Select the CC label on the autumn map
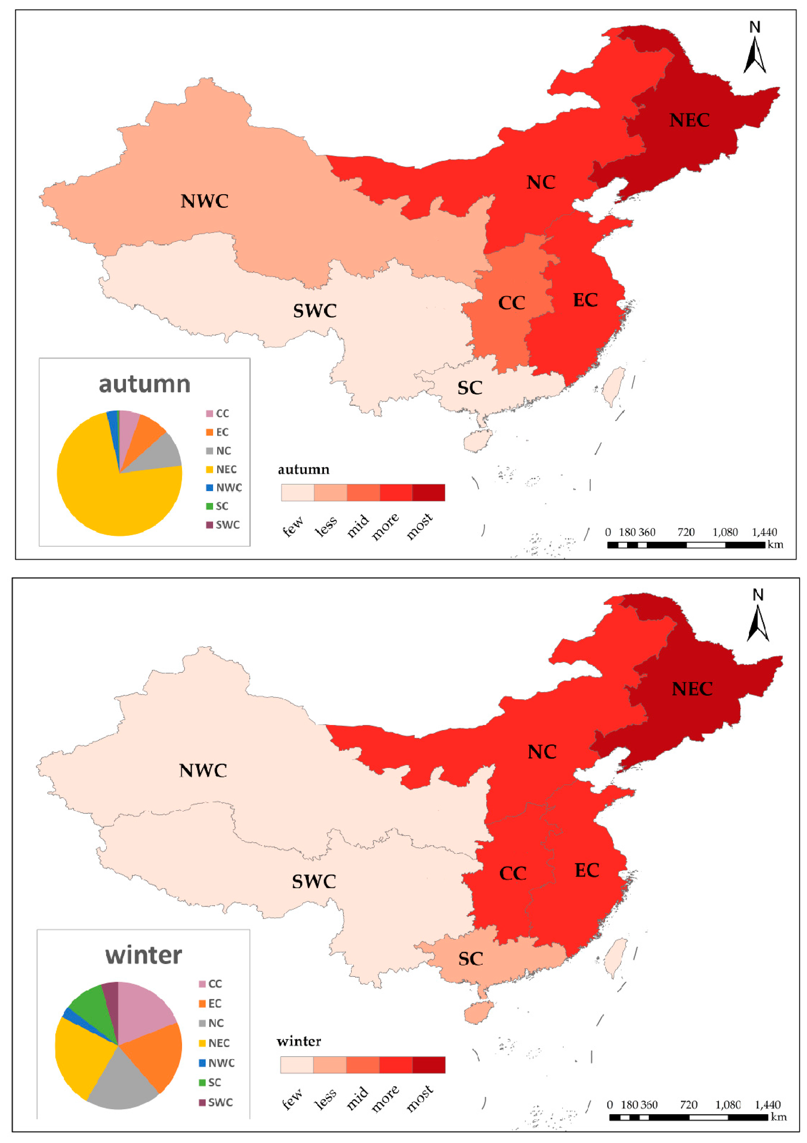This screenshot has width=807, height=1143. [x=512, y=303]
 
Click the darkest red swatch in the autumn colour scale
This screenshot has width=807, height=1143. [x=428, y=492]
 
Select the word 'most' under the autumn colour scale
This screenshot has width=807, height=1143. [x=419, y=527]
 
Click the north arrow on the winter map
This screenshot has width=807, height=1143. [x=758, y=617]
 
